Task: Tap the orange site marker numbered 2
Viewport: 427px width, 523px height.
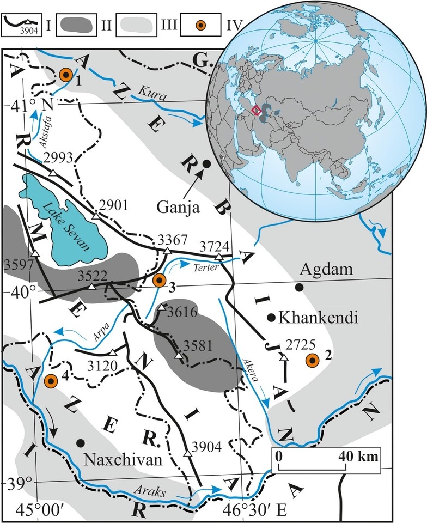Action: pyautogui.click(x=312, y=360)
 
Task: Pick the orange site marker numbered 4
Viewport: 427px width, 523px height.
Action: pyautogui.click(x=51, y=381)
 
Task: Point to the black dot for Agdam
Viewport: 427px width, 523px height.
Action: pyautogui.click(x=298, y=287)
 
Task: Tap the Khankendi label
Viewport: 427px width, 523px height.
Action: pyautogui.click(x=318, y=317)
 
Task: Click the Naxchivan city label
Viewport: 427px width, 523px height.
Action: pyautogui.click(x=124, y=460)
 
